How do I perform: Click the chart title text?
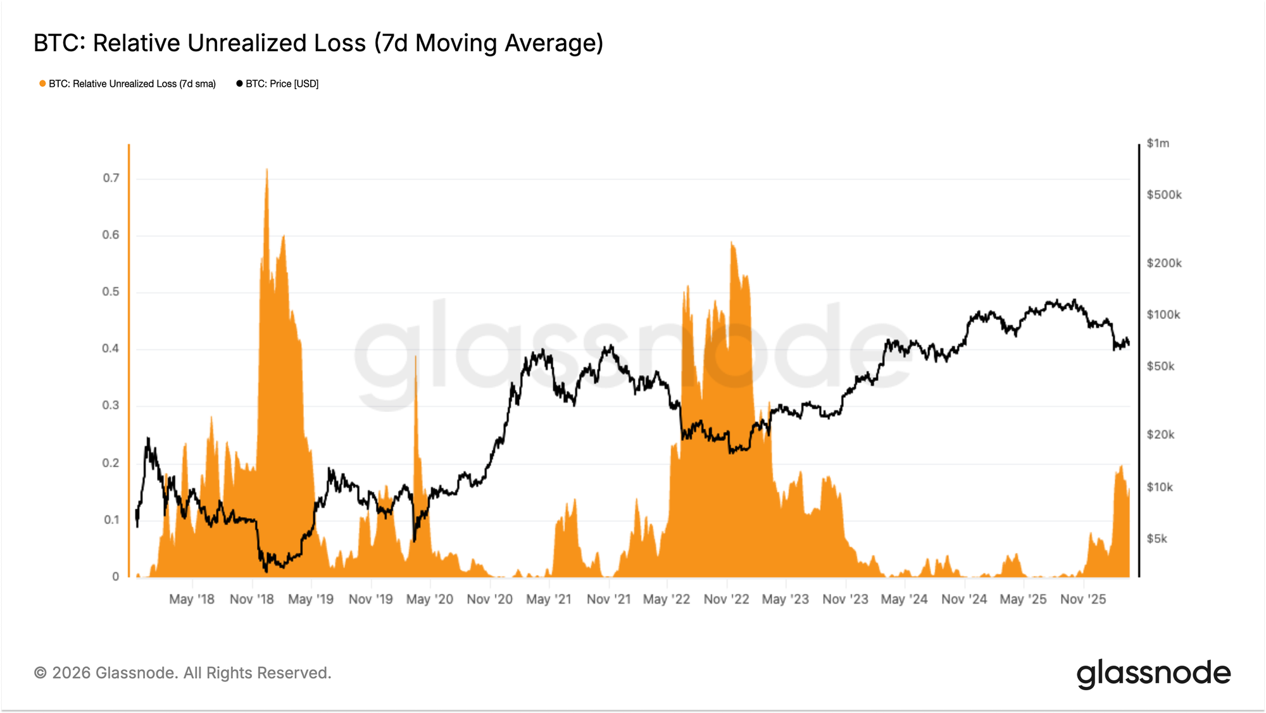(x=318, y=43)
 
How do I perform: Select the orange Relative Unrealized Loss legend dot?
(x=42, y=84)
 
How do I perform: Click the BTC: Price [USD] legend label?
(x=282, y=84)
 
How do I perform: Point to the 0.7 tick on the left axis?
(x=111, y=178)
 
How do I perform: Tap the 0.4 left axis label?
(x=111, y=349)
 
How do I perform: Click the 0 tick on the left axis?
(x=115, y=576)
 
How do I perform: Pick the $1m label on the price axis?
(x=1158, y=144)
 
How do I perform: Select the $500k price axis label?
(x=1164, y=195)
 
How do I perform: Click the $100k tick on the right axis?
(x=1163, y=314)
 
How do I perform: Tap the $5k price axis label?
(x=1157, y=538)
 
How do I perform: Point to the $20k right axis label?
(x=1160, y=435)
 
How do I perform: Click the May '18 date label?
(x=192, y=599)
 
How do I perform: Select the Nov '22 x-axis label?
(x=726, y=599)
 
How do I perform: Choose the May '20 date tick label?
(x=430, y=599)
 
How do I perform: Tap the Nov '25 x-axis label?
(x=1083, y=599)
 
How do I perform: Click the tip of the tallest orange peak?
(x=266, y=170)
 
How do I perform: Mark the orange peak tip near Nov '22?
(x=731, y=242)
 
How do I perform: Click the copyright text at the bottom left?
(x=182, y=673)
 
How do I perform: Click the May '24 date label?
(x=904, y=599)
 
